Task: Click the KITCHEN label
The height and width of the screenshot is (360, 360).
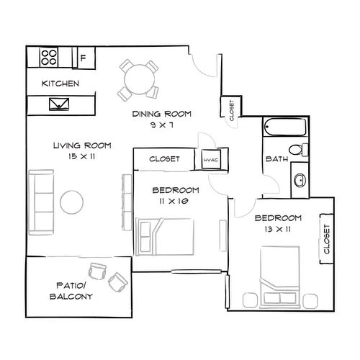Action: (60, 84)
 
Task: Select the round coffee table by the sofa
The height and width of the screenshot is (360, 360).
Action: (73, 200)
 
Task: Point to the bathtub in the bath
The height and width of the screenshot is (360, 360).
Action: (285, 129)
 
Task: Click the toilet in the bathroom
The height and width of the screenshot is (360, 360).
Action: (304, 150)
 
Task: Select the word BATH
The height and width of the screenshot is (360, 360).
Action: (276, 159)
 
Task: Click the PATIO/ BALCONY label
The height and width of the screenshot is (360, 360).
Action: (71, 289)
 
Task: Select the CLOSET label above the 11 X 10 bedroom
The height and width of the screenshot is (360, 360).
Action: (164, 159)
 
